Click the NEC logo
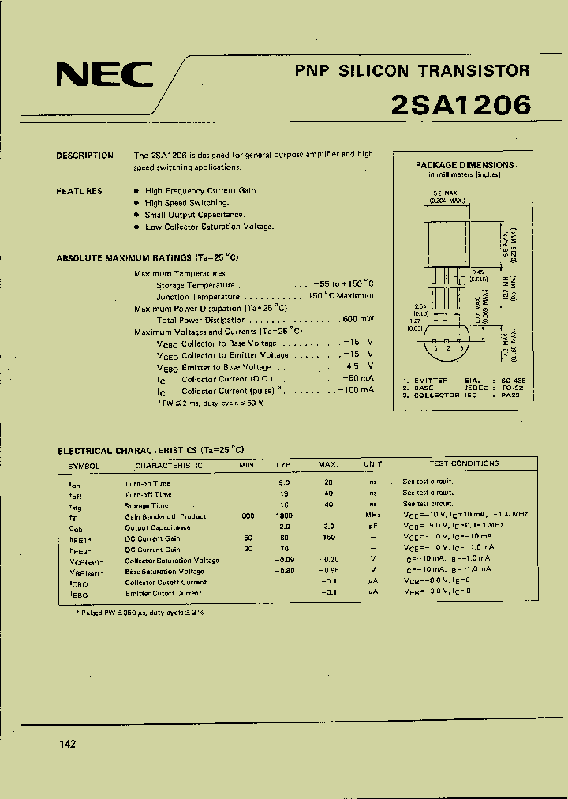coord(104,75)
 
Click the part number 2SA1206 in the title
coord(460,105)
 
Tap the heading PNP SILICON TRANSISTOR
coord(413,71)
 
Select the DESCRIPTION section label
coord(84,156)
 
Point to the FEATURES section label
coord(79,191)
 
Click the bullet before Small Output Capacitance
coord(136,215)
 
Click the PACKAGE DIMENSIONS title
coord(465,165)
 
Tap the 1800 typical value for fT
coord(284,516)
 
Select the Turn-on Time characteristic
coord(147,483)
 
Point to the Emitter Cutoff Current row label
coord(163,593)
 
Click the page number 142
coord(67,745)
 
